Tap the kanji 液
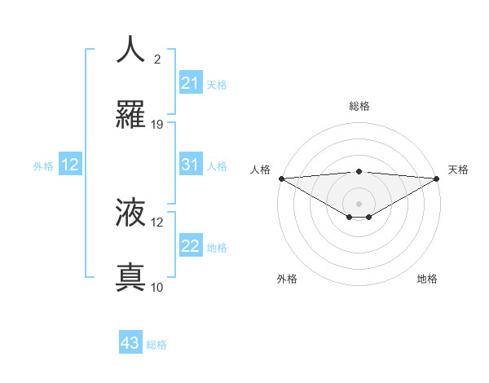[x=131, y=213]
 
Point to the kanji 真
[x=131, y=278]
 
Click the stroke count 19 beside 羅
[x=157, y=125]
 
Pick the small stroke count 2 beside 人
[x=157, y=59]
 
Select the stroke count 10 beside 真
[x=157, y=287]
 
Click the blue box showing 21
[x=190, y=83]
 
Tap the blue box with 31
[x=190, y=165]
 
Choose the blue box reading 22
[x=190, y=246]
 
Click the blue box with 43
[x=130, y=343]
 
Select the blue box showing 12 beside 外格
[x=70, y=165]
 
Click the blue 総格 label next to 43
[x=156, y=345]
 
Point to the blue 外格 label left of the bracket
[x=43, y=166]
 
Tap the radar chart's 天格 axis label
[x=458, y=169]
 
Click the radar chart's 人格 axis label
[x=260, y=169]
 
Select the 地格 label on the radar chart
[x=427, y=279]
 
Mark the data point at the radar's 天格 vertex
[x=438, y=178]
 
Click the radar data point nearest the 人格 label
[x=280, y=178]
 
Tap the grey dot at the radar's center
[x=359, y=203]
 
